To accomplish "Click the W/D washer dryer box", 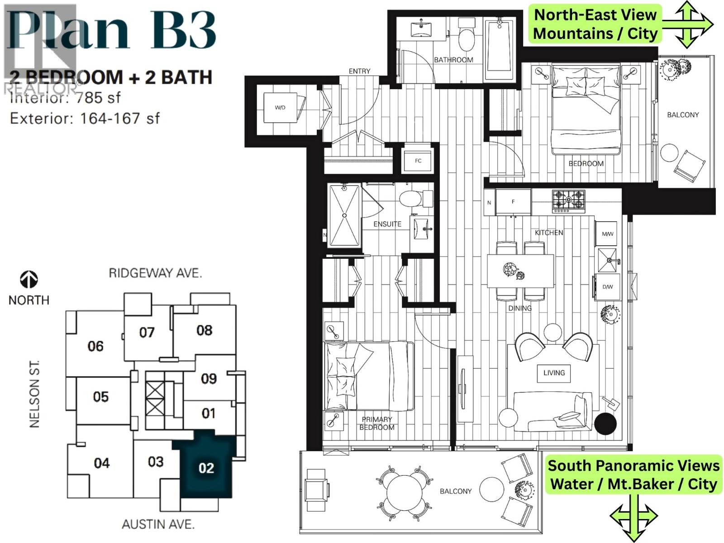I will (281, 108).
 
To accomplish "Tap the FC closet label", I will (418, 161).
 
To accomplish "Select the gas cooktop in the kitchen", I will (568, 201).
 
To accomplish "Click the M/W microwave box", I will (607, 234).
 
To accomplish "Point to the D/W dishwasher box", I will (607, 287).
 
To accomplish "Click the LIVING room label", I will (554, 373).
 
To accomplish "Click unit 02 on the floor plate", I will (206, 467).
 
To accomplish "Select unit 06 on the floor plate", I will (95, 346).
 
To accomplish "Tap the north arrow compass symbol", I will (29, 280).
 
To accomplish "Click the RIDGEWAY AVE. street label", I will (155, 273).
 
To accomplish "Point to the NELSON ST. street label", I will (35, 394).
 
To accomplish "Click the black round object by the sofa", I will (605, 424).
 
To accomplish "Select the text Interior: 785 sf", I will (65, 98).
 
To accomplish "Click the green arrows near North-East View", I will (687, 24).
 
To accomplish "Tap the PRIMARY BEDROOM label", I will (376, 424).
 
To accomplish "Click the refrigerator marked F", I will (513, 202).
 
